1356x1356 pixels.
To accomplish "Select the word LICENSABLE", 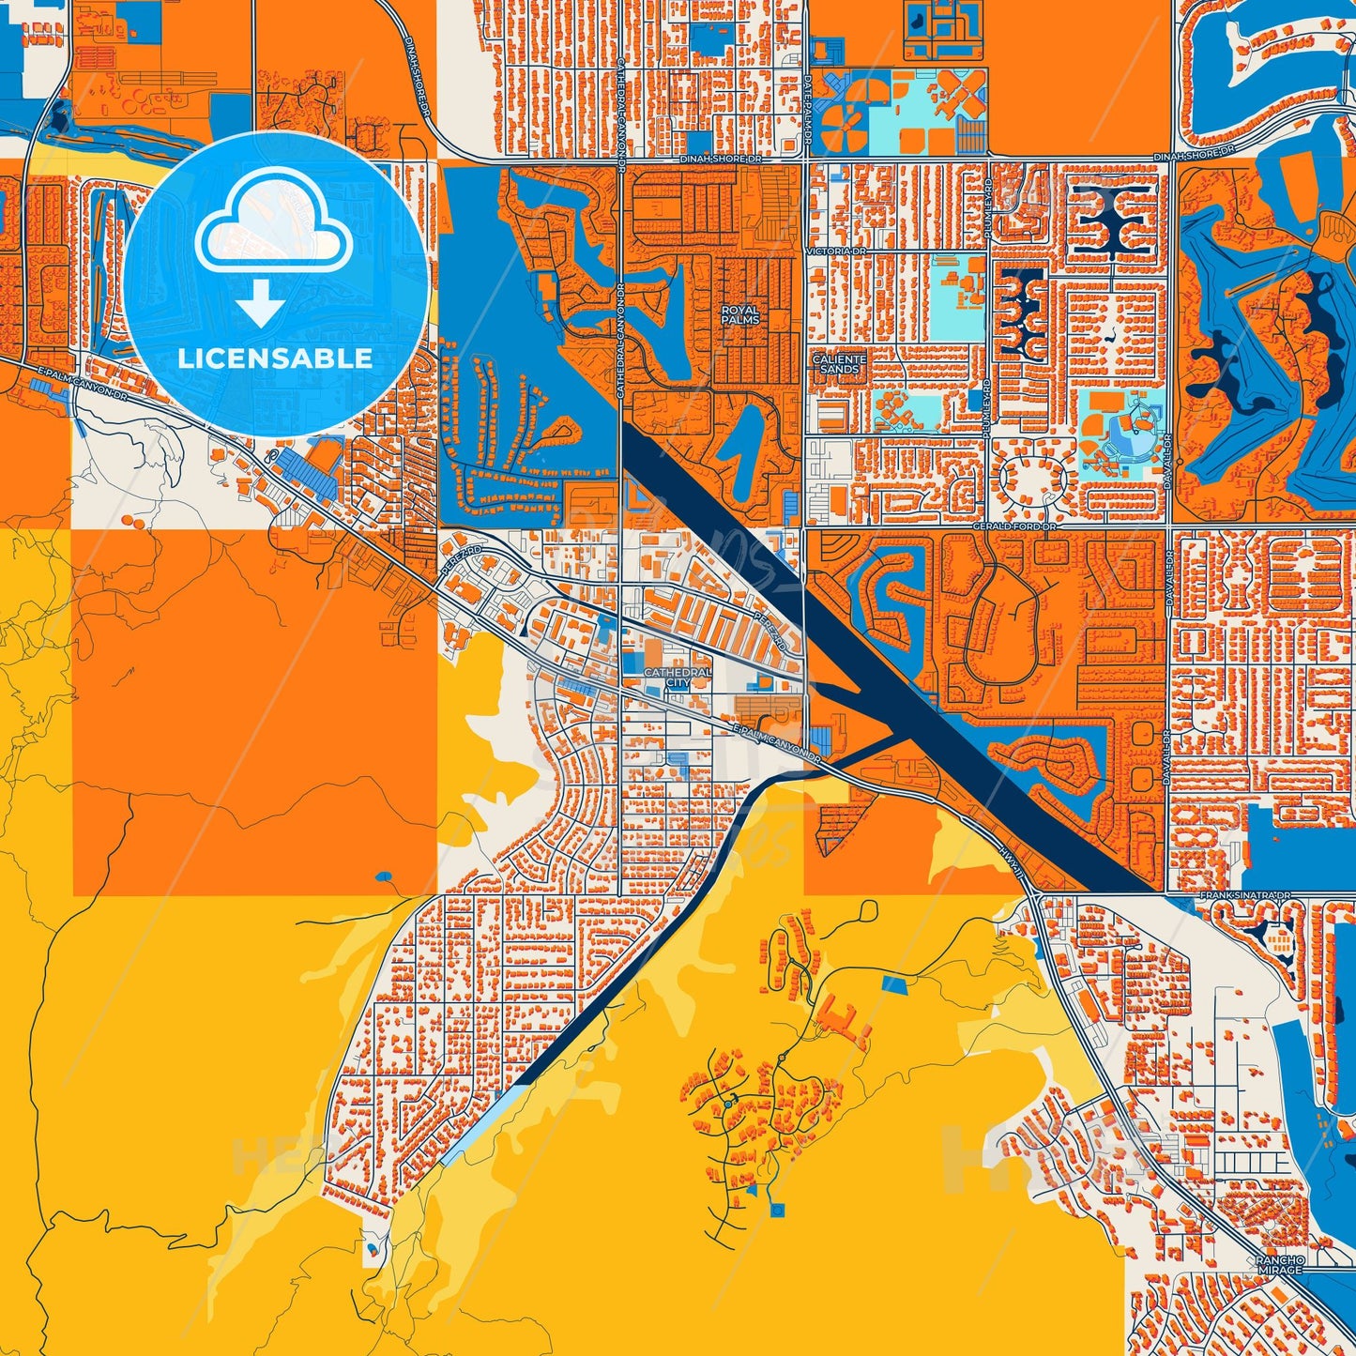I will point(275,358).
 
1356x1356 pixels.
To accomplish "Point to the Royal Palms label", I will point(739,314).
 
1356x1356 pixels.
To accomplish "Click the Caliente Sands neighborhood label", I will point(839,364).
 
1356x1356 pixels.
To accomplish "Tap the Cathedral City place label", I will point(677,678).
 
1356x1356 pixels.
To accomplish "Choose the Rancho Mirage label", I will point(1280,1264).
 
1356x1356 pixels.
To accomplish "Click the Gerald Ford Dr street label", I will point(1013,527).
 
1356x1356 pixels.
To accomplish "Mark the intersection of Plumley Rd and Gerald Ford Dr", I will point(985,527).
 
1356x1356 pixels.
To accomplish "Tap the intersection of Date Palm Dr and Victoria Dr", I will point(805,251).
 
